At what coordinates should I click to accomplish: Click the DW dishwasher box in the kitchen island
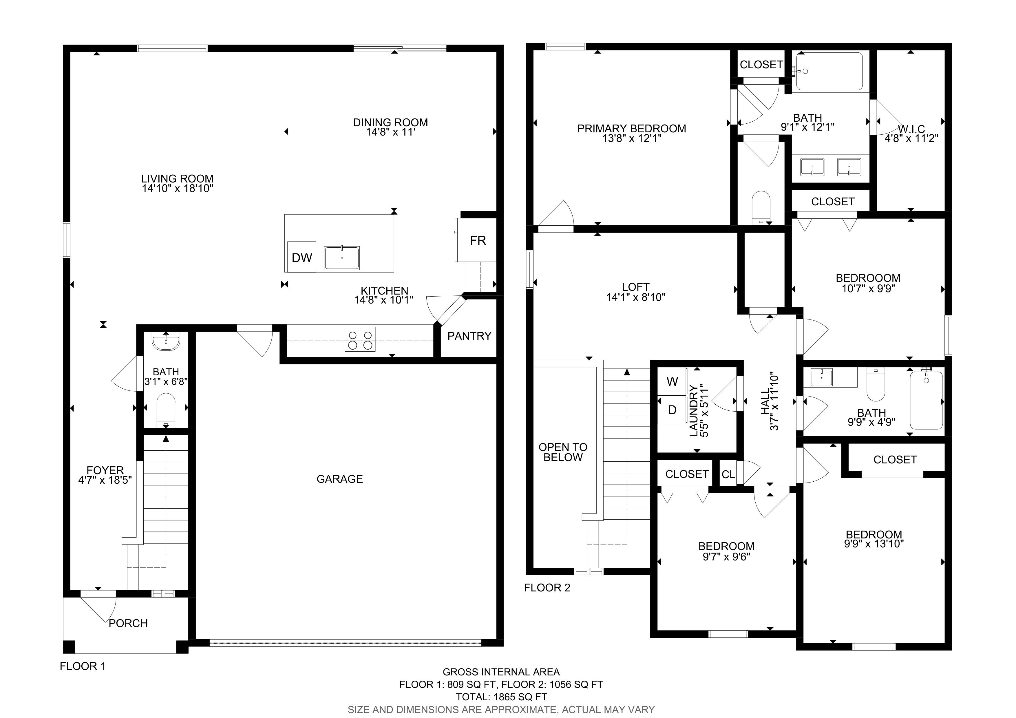302,257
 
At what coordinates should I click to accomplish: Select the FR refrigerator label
478,241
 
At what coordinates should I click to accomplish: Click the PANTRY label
469,336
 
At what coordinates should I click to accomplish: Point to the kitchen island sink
342,257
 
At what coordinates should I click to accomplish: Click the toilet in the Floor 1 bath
166,410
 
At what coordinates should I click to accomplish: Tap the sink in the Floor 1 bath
166,342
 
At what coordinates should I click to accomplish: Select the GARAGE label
340,479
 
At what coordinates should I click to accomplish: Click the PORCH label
128,623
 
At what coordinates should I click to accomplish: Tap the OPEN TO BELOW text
563,452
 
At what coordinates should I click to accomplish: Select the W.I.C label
911,129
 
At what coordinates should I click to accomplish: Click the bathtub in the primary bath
829,71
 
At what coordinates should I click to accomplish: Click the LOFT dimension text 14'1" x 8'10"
636,297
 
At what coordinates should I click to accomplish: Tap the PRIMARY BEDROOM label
632,129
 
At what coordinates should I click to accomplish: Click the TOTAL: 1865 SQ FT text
501,697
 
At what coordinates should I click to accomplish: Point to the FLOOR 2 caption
547,588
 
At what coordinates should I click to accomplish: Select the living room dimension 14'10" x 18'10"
178,189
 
